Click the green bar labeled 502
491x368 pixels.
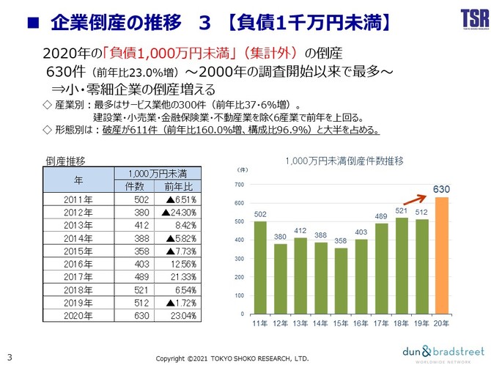tap(260, 267)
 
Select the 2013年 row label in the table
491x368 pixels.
tap(78, 224)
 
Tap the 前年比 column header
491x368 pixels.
tap(174, 187)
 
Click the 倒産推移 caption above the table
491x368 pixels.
tap(66, 160)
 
